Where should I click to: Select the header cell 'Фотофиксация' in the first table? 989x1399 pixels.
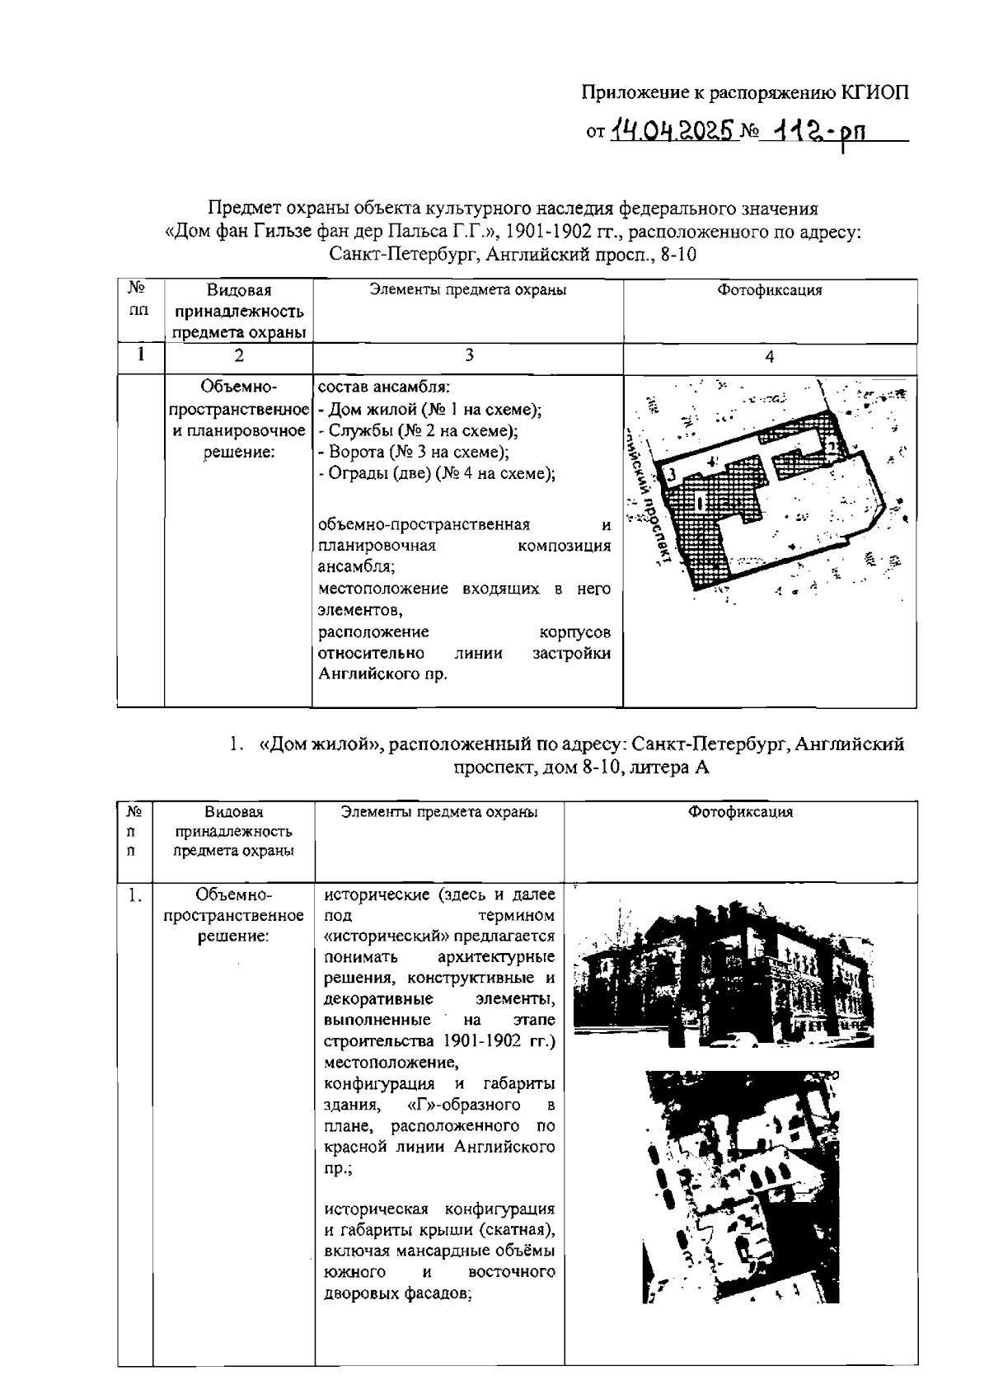coord(769,290)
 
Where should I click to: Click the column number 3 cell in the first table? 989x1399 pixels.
coord(467,355)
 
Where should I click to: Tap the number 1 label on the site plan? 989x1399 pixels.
coord(699,500)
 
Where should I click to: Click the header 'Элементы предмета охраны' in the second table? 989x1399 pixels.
coord(439,812)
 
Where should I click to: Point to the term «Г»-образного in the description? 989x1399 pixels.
coord(464,1104)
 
